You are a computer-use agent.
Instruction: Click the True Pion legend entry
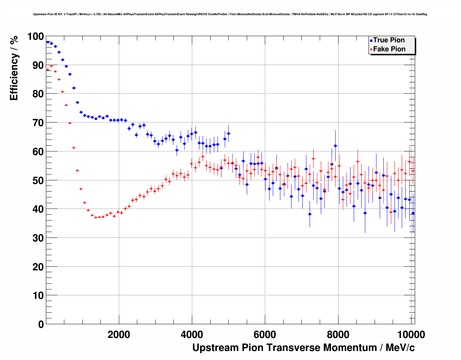pos(389,40)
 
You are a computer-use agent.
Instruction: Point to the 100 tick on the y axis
pos(36,36)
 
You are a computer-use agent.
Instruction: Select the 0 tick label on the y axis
pos(41,324)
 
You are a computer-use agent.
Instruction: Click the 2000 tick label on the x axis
pos(119,334)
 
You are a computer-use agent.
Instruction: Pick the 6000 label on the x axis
pos(265,334)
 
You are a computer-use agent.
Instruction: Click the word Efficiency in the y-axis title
pos(14,77)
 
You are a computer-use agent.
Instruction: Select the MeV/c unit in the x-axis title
pos(400,348)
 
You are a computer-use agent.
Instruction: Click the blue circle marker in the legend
pos(371,40)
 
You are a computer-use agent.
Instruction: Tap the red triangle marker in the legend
pos(371,50)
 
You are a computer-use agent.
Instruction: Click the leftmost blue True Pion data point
pos(48,42)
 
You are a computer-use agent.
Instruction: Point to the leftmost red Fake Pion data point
pos(48,69)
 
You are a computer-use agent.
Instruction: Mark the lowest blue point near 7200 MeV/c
pos(310,214)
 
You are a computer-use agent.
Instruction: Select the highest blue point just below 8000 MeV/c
pos(335,146)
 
